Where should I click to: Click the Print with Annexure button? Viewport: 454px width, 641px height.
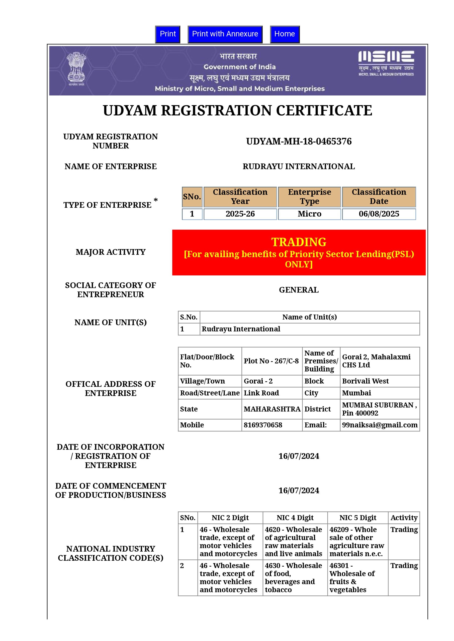(x=225, y=34)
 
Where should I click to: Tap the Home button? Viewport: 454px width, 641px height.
(x=284, y=34)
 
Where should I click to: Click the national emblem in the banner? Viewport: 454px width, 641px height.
(x=76, y=68)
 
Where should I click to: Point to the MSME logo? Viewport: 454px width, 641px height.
(x=386, y=63)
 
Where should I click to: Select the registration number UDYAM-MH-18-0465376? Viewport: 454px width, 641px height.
(x=299, y=141)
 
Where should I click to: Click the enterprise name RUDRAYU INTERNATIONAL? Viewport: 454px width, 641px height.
(x=299, y=167)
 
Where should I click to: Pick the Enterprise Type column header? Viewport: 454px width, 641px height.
(x=309, y=197)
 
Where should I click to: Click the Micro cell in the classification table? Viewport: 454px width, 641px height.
(x=309, y=214)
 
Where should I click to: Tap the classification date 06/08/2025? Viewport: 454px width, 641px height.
(x=379, y=214)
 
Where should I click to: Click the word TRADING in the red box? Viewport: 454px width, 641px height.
(x=299, y=242)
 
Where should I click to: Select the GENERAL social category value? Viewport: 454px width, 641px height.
(x=299, y=290)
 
